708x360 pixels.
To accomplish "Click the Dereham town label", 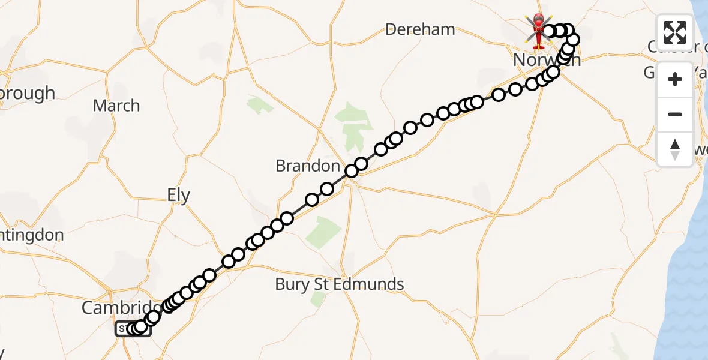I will pos(420,29).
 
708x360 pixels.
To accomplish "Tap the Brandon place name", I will pos(308,166).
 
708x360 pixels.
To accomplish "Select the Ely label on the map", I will pos(178,196).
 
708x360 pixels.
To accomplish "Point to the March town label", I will pos(116,106).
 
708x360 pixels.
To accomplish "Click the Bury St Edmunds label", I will pos(340,284).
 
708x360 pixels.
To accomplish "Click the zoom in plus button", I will pos(675,79).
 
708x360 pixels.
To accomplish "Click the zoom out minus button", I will pos(675,114).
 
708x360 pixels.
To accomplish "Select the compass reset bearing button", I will pos(675,149).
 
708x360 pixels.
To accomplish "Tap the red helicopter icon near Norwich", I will pos(538,30).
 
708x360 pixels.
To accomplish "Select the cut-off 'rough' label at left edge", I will pos(27,94).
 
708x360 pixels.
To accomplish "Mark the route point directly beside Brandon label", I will pos(351,172).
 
